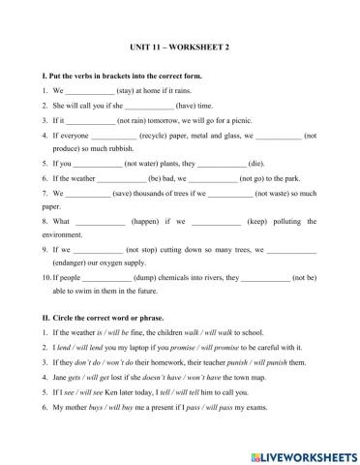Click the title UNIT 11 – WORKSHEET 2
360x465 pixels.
click(x=180, y=46)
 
